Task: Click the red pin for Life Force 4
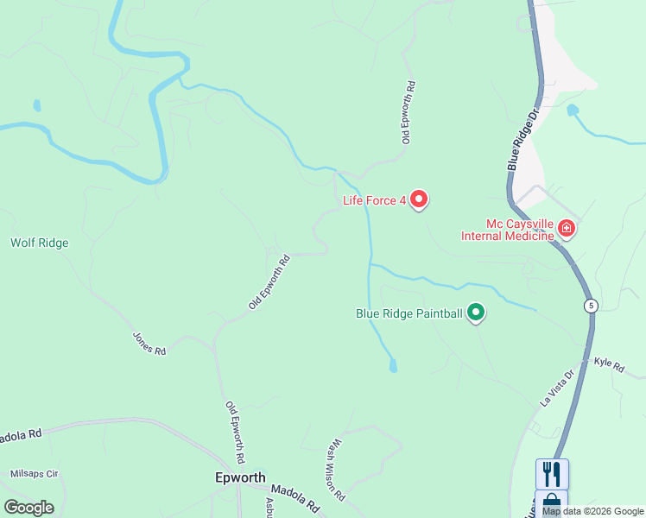click(x=419, y=199)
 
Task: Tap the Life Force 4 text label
click(x=374, y=201)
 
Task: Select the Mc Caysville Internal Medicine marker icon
click(x=567, y=229)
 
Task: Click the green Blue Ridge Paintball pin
click(x=475, y=313)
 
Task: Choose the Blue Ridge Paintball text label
click(x=409, y=313)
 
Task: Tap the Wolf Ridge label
click(x=39, y=243)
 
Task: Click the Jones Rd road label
click(x=149, y=344)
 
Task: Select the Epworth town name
click(x=238, y=477)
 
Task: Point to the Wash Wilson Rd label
click(x=335, y=471)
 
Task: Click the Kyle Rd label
click(x=609, y=365)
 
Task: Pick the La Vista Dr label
click(x=557, y=388)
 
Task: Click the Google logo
click(x=28, y=508)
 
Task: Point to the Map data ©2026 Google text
click(x=592, y=511)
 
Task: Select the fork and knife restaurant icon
click(x=552, y=473)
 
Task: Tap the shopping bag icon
click(x=552, y=503)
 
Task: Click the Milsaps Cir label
click(x=34, y=474)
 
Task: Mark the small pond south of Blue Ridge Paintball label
click(x=394, y=366)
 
